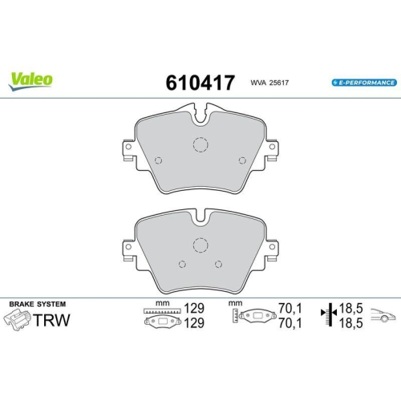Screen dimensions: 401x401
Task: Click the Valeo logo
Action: click(32, 79)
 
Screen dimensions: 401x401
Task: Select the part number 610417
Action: click(199, 83)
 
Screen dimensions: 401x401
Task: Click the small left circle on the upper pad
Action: click(157, 158)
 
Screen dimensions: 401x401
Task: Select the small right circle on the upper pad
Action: click(242, 158)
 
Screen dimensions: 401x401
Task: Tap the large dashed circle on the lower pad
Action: click(200, 245)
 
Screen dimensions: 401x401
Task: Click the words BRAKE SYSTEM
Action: click(37, 304)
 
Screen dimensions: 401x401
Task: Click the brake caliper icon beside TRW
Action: click(18, 321)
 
